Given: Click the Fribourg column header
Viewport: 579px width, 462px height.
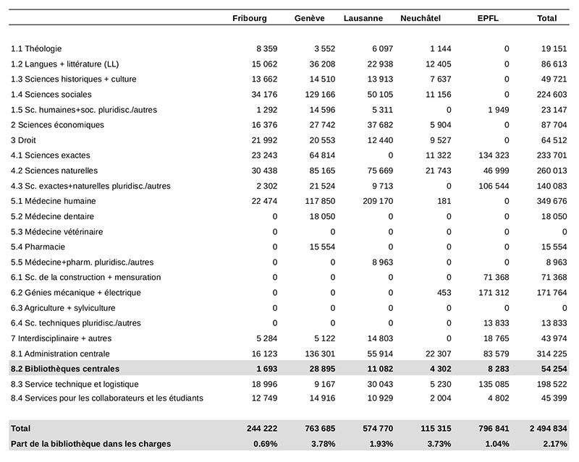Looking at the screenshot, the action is [x=250, y=19].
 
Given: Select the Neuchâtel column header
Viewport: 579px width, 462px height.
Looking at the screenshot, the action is [x=420, y=19].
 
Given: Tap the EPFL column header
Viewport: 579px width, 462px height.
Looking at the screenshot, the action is [x=488, y=19].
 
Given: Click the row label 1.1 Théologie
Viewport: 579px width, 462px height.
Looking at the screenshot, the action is [x=36, y=48].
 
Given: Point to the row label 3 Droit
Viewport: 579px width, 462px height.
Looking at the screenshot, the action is [x=23, y=140].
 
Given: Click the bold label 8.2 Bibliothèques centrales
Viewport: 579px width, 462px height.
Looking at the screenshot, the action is [x=65, y=369].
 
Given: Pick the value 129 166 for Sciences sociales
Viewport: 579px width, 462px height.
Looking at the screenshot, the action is [x=320, y=95].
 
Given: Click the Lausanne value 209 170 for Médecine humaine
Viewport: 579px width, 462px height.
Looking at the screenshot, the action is [x=378, y=201].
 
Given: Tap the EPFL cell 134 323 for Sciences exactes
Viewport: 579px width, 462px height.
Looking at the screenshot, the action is [x=494, y=155].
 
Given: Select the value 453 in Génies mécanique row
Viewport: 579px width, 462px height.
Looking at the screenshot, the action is [x=444, y=293].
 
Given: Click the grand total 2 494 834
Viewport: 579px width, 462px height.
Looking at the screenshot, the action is [x=548, y=429].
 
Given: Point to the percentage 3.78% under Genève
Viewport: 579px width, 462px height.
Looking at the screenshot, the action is [x=323, y=443].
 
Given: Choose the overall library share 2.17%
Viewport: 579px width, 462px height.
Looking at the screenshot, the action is [x=555, y=443].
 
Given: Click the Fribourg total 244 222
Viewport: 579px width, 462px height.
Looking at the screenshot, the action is [x=262, y=429].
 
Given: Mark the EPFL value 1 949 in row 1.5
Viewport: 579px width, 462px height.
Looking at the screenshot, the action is [x=499, y=110].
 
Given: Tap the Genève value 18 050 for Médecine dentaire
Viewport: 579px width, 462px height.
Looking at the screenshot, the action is [x=322, y=217].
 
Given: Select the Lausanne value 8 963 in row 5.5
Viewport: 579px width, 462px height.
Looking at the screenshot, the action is [x=383, y=262].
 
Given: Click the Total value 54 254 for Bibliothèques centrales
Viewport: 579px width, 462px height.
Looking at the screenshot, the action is [x=554, y=369].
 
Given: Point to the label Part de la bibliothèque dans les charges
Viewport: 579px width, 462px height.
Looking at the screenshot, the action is [x=91, y=443].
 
